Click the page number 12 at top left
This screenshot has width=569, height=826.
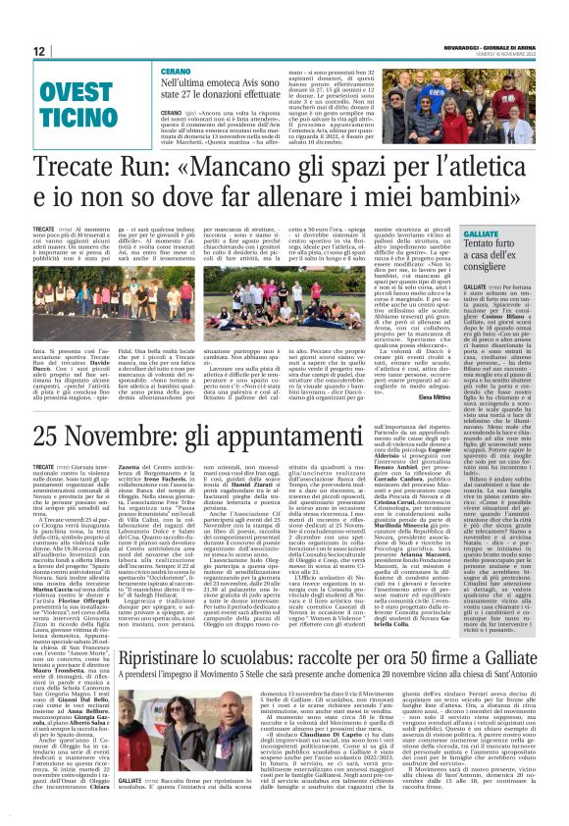pos(38,51)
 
